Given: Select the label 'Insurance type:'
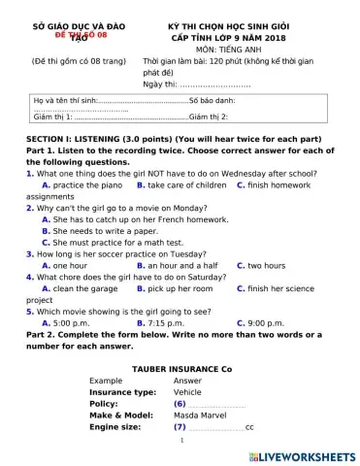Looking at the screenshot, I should click(122, 392).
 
